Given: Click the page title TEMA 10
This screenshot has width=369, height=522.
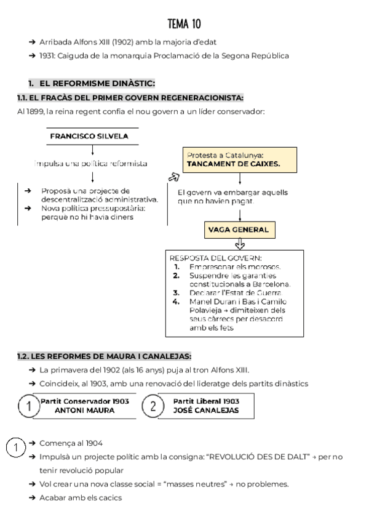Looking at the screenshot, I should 184,24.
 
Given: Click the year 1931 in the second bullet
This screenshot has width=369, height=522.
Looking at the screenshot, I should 48,56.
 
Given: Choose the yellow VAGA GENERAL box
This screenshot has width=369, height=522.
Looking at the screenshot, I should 238,230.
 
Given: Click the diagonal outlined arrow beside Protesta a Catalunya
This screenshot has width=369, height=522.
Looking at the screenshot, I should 172,177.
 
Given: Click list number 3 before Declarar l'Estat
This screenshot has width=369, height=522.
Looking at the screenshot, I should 177,293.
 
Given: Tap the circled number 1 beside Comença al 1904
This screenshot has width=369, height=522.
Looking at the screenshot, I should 15,448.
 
